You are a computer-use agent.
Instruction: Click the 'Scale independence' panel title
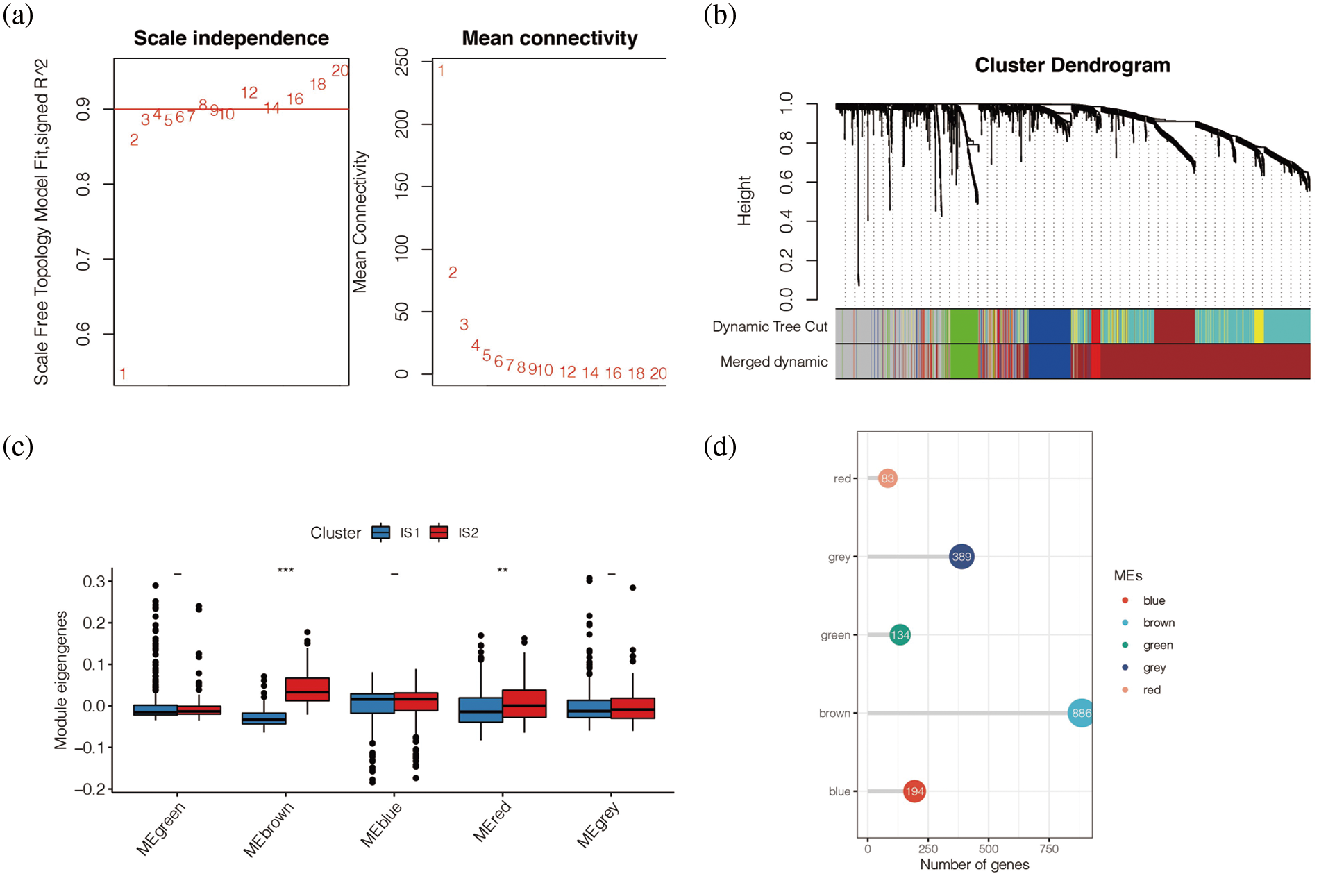[x=231, y=38]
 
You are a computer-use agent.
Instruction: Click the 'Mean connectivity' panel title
[x=549, y=38]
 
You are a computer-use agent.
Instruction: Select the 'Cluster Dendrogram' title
[x=1072, y=65]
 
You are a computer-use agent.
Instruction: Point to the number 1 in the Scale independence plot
[x=123, y=374]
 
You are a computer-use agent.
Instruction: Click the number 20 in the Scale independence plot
[x=340, y=71]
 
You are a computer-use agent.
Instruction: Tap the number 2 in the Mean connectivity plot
[x=453, y=273]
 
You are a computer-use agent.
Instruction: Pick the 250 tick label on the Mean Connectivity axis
[x=401, y=62]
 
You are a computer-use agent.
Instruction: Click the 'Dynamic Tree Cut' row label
[x=769, y=327]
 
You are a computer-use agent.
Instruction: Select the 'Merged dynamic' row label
[x=773, y=362]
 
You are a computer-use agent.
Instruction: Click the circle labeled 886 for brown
[x=1081, y=713]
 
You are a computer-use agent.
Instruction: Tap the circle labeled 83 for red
[x=887, y=478]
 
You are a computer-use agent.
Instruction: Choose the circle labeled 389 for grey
[x=961, y=557]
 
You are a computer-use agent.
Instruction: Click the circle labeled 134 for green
[x=900, y=634]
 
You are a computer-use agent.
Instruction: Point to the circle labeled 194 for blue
[x=914, y=791]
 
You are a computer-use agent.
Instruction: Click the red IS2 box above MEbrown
[x=308, y=689]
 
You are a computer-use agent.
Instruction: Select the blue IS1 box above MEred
[x=480, y=710]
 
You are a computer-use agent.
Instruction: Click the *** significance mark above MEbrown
[x=285, y=571]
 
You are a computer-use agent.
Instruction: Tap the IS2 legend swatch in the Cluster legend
[x=439, y=532]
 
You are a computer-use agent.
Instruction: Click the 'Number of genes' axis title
[x=974, y=864]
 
